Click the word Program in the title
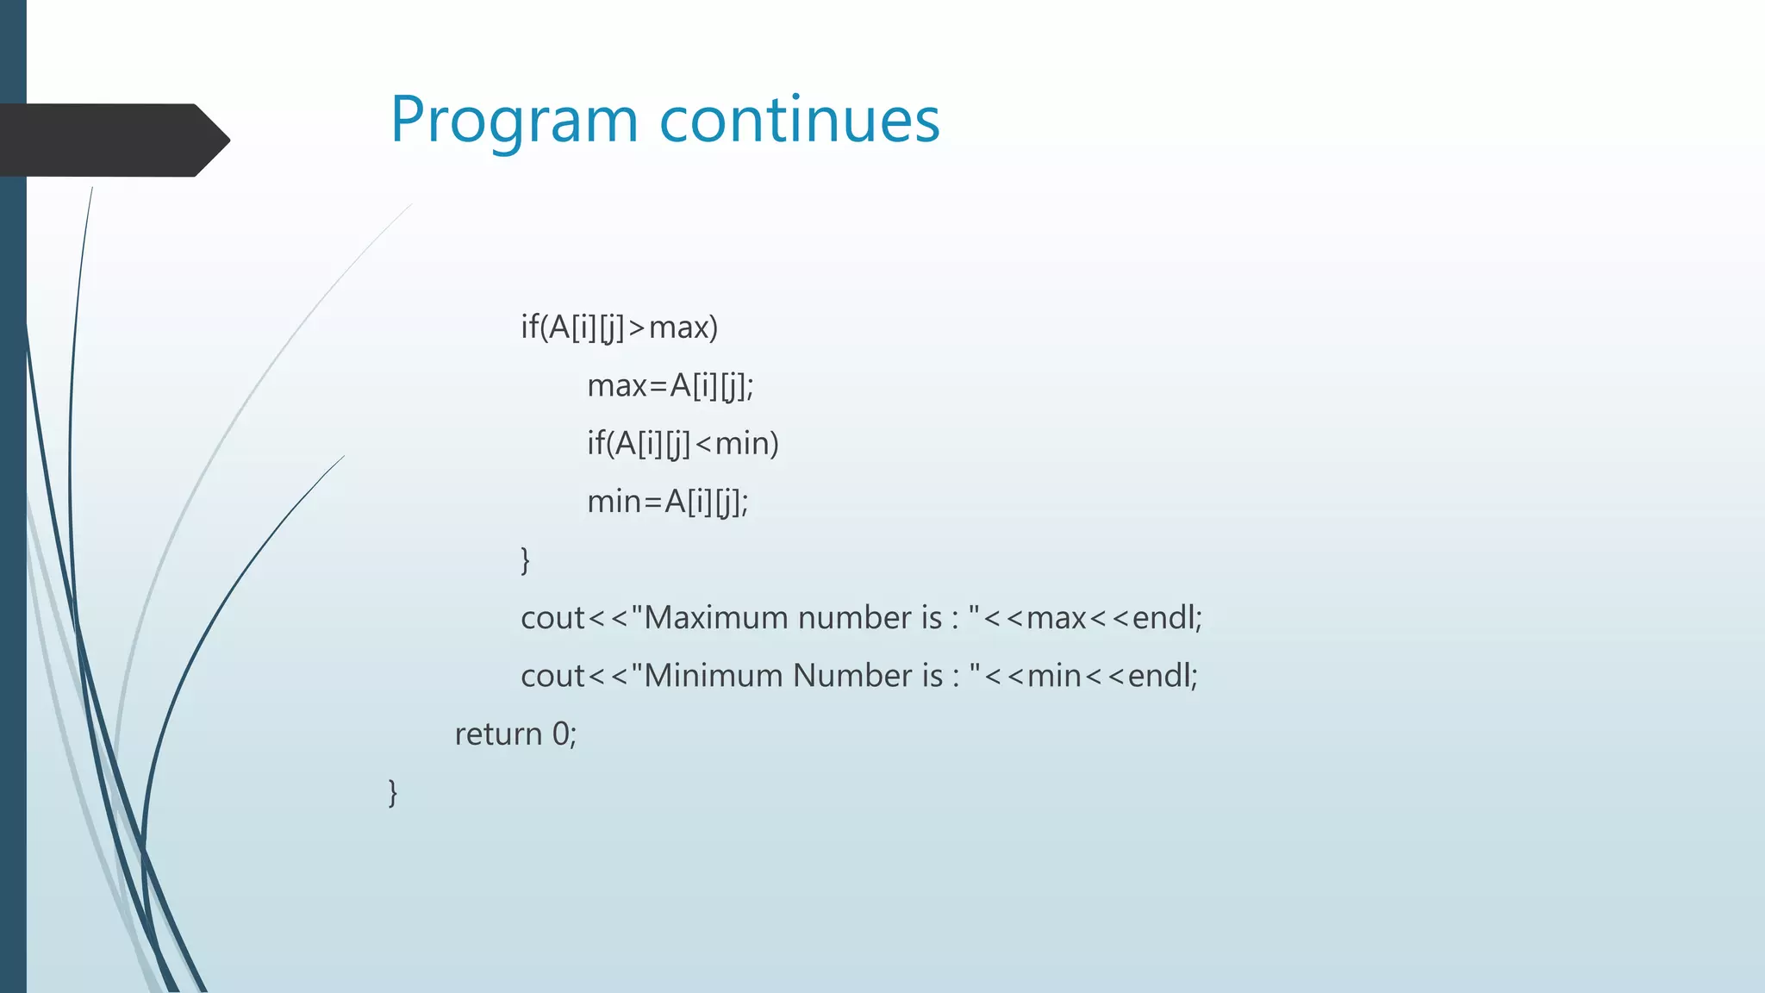click(x=514, y=121)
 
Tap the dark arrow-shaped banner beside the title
click(x=112, y=140)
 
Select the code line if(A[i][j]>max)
click(x=619, y=328)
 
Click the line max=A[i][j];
click(x=670, y=385)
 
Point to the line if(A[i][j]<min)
click(x=683, y=444)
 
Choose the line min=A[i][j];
click(x=667, y=502)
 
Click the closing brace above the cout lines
click(x=525, y=560)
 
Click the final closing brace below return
click(x=393, y=792)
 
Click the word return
click(x=498, y=734)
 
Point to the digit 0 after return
click(x=561, y=734)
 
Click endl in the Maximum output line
click(x=1164, y=618)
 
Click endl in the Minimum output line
click(x=1160, y=676)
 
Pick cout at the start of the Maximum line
click(x=552, y=618)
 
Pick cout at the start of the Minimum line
click(x=552, y=676)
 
